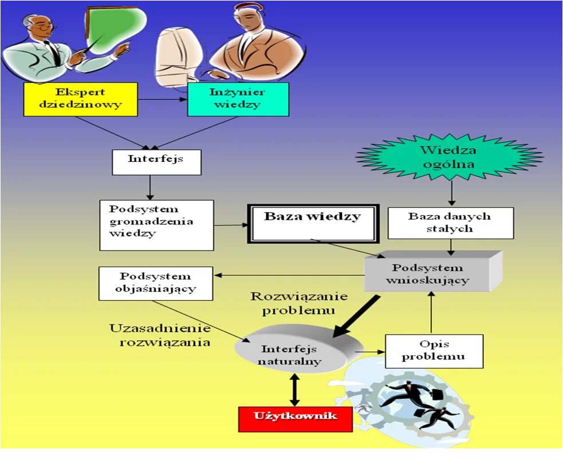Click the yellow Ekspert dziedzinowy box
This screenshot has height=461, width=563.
[x=80, y=100]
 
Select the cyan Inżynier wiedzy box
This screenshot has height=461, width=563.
[x=238, y=100]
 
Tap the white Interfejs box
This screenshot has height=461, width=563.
[x=156, y=162]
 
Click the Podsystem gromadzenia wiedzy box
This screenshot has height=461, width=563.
[x=156, y=225]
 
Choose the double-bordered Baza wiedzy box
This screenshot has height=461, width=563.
[x=313, y=224]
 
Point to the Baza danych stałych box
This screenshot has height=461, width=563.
[x=451, y=223]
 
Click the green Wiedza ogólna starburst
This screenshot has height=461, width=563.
[x=449, y=157]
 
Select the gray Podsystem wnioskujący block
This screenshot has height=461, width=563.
[x=433, y=272]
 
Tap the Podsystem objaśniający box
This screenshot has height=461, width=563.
[x=156, y=283]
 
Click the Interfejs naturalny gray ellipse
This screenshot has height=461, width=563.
[x=298, y=349]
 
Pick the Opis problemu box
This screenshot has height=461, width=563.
[x=434, y=351]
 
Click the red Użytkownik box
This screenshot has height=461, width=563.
[x=295, y=419]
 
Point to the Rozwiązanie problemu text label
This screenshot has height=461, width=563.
[x=299, y=303]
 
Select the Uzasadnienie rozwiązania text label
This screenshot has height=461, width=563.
[x=160, y=335]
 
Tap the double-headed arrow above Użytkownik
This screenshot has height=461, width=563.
[x=294, y=390]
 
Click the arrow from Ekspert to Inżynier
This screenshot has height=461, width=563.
[x=162, y=100]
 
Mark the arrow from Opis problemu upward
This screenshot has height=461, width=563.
[x=432, y=313]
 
